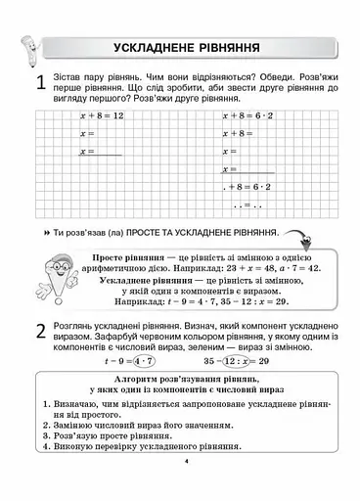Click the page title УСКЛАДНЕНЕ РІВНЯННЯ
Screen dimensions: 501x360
tap(186, 46)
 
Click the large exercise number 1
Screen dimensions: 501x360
tap(40, 85)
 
